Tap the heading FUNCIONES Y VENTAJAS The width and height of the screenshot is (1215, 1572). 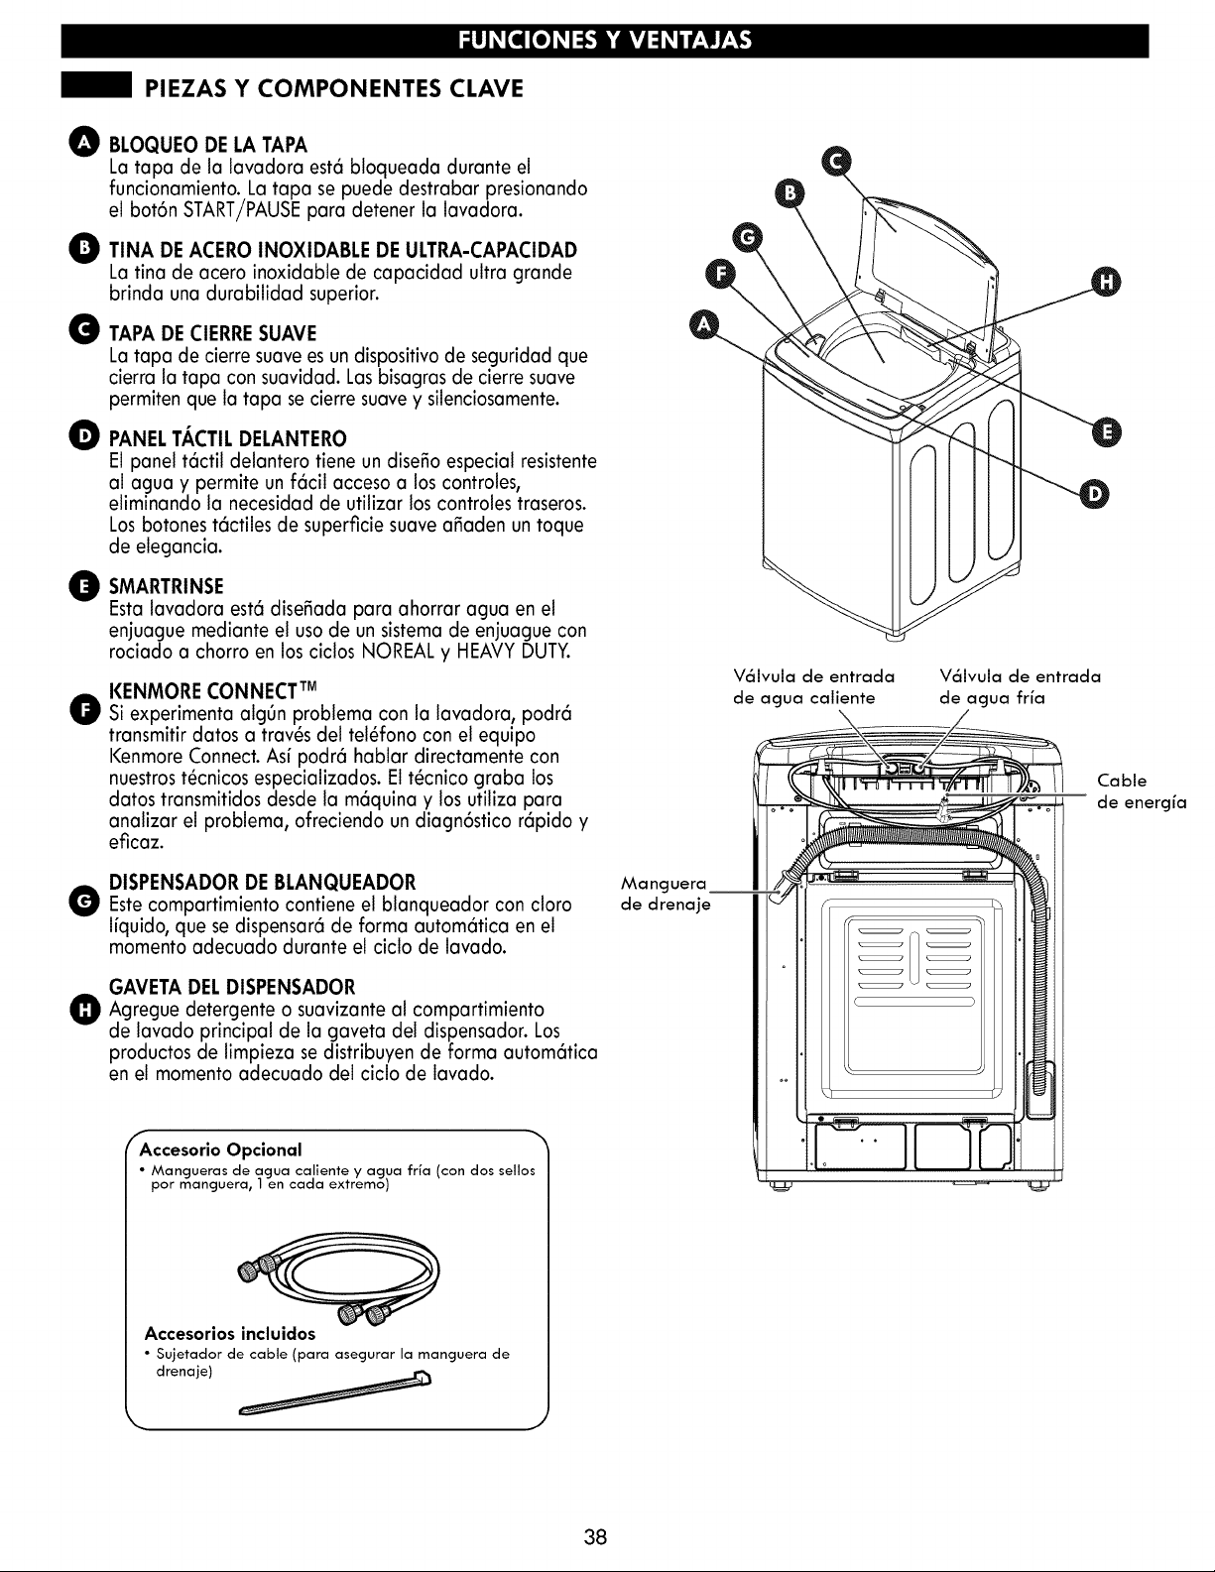pyautogui.click(x=605, y=41)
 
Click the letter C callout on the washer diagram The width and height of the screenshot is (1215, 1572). pyautogui.click(x=837, y=162)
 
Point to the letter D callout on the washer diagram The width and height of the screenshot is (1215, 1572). pyautogui.click(x=1093, y=494)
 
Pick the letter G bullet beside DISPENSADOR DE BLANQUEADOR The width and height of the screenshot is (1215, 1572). pyautogui.click(x=84, y=898)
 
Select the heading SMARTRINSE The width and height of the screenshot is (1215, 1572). pyautogui.click(x=167, y=586)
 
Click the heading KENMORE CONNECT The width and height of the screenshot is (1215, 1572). pyautogui.click(x=212, y=690)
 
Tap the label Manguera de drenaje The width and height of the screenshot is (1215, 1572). pyautogui.click(x=666, y=895)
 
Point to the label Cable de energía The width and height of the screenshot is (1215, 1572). pyautogui.click(x=1142, y=791)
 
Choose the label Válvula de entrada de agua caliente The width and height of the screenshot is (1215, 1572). pyautogui.click(x=813, y=687)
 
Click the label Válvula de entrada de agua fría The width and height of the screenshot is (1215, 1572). pyautogui.click(x=1020, y=687)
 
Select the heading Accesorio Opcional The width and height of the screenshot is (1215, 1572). pyautogui.click(x=220, y=1149)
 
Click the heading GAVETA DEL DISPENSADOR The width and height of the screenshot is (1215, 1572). pyautogui.click(x=231, y=987)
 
